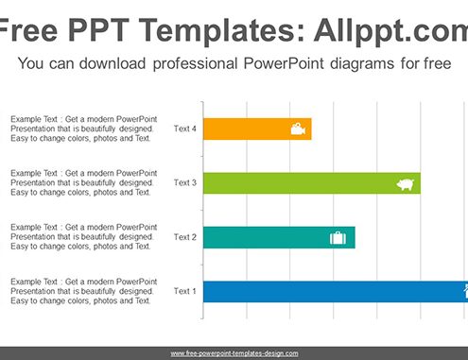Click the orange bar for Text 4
point(257,129)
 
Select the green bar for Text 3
point(312,183)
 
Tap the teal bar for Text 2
point(279,237)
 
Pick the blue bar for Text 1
point(336,292)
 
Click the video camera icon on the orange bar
point(298,129)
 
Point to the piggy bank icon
point(406,184)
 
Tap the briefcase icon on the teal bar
point(338,238)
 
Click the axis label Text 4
point(185,129)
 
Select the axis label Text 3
point(185,182)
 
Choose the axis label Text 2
point(185,237)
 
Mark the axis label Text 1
point(185,291)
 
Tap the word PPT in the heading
point(98,30)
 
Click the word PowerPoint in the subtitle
point(284,63)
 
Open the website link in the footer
point(234,353)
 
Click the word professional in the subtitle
point(195,64)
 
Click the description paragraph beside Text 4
point(83,129)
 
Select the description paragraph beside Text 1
point(83,291)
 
